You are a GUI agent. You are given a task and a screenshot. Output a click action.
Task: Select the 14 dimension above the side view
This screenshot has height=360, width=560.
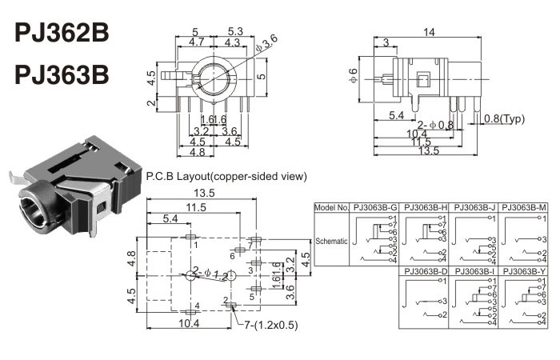(429, 32)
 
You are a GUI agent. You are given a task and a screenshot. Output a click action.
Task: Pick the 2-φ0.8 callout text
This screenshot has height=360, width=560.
(435, 124)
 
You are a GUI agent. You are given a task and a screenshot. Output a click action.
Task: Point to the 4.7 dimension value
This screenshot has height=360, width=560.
(196, 42)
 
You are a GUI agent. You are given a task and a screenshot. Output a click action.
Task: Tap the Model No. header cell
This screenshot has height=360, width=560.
(333, 207)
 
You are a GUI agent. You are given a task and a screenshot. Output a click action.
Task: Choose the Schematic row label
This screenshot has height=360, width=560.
(333, 239)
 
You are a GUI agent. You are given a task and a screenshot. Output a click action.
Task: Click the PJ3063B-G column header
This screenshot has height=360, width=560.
(376, 207)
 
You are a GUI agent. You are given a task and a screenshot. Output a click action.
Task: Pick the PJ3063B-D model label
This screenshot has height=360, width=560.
(425, 271)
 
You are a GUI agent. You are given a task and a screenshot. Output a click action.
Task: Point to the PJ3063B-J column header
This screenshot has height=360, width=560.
(476, 207)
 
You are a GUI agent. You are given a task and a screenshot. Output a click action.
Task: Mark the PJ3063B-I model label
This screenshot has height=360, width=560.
(476, 271)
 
